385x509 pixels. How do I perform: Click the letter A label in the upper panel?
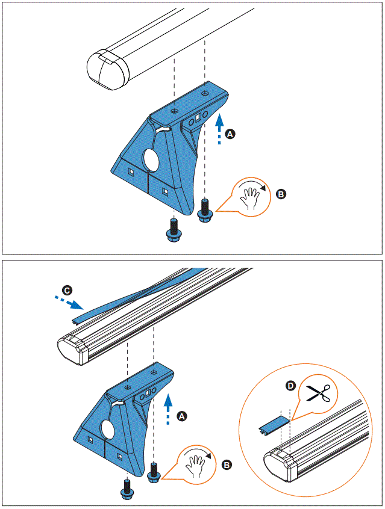229,135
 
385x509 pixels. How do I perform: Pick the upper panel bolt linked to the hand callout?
205,210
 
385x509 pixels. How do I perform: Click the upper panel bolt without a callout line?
174,229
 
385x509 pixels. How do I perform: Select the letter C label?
68,291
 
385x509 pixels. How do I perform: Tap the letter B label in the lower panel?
227,464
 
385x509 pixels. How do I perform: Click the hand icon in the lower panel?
198,464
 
